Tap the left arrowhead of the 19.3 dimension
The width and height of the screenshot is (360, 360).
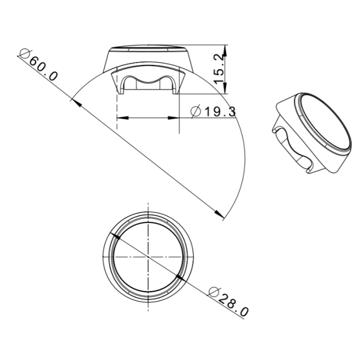tap(121, 118)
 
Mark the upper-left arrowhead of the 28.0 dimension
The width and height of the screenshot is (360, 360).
tap(115, 236)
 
